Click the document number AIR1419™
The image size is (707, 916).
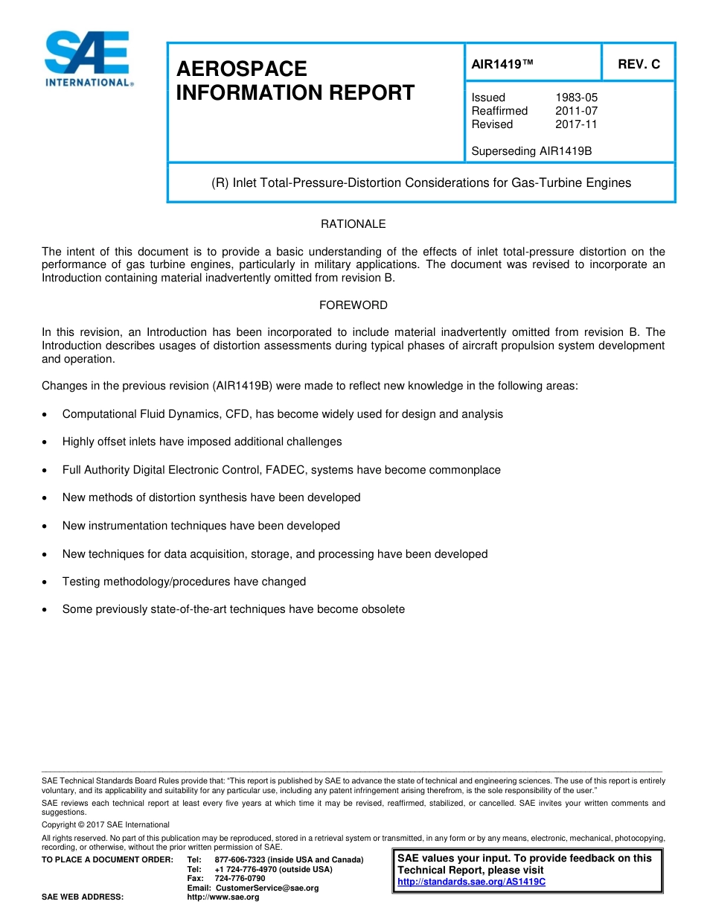pyautogui.click(x=502, y=64)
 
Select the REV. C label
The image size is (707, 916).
pyautogui.click(x=639, y=64)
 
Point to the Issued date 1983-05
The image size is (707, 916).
pyautogui.click(x=576, y=98)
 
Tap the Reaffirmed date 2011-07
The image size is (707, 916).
pyautogui.click(x=576, y=111)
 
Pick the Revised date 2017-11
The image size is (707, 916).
pyautogui.click(x=576, y=124)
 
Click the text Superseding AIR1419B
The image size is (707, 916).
pyautogui.click(x=531, y=151)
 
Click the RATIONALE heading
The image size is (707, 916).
pyautogui.click(x=353, y=224)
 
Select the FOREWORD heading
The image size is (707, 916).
pyautogui.click(x=353, y=305)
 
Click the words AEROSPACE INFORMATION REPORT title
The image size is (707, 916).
pyautogui.click(x=295, y=81)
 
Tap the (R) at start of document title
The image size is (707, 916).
pyautogui.click(x=220, y=183)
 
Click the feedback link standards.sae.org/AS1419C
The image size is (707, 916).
pyautogui.click(x=471, y=882)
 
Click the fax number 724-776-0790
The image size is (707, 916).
pyautogui.click(x=240, y=879)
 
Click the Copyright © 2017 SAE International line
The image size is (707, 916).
pyautogui.click(x=106, y=824)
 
